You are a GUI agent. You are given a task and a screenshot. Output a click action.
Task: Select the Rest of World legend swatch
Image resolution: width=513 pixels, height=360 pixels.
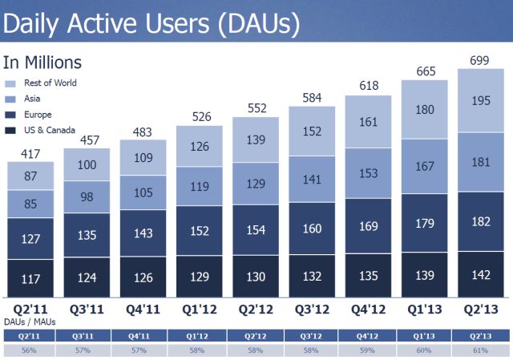(x=10, y=83)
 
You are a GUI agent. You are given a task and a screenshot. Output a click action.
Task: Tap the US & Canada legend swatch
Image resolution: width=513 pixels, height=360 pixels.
(x=10, y=130)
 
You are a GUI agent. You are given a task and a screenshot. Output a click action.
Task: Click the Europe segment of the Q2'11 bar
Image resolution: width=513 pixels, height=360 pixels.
(x=30, y=238)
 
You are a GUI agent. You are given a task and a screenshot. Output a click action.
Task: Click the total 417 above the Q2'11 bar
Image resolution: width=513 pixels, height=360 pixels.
(x=30, y=153)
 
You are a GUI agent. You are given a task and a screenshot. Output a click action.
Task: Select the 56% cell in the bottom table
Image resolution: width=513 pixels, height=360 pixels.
(x=30, y=350)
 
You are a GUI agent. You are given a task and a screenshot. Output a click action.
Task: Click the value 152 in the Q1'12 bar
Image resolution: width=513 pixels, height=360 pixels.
(x=200, y=230)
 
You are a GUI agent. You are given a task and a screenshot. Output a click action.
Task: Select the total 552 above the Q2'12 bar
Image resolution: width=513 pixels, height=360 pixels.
(x=256, y=107)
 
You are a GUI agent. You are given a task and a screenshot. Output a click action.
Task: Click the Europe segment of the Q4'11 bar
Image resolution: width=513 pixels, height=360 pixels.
(x=143, y=233)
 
